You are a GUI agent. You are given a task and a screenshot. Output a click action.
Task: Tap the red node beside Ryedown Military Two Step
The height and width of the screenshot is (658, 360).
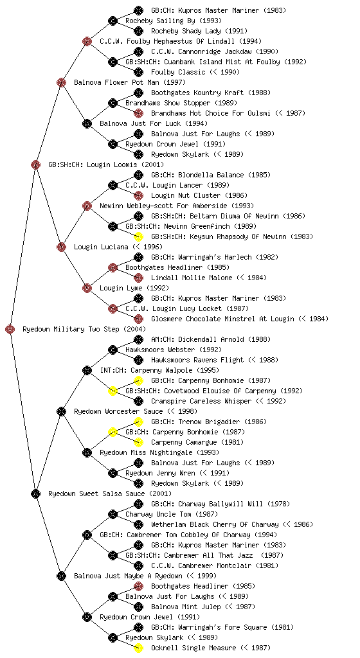coord(10,330)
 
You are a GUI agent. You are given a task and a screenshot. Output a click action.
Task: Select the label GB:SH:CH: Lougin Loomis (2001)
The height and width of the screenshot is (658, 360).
coord(106,164)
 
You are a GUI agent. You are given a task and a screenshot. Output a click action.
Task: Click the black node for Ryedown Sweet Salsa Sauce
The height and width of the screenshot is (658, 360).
coord(35,494)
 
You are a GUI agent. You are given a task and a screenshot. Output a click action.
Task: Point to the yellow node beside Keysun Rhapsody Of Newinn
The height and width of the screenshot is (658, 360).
coord(138,236)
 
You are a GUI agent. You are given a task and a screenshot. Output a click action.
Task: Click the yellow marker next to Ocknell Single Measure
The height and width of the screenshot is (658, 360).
coord(138,648)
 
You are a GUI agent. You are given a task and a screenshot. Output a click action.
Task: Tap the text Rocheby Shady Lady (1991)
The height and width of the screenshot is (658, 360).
coord(199,31)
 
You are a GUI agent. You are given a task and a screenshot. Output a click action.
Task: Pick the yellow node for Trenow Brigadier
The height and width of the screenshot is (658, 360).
coord(138,422)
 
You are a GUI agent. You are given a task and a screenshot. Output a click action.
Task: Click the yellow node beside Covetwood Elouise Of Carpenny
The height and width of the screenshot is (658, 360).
coord(113,391)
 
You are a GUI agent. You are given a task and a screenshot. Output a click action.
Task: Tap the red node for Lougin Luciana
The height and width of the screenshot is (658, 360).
coord(61,247)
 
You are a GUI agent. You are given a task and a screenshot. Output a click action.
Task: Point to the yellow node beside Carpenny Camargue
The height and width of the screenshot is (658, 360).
coord(138,442)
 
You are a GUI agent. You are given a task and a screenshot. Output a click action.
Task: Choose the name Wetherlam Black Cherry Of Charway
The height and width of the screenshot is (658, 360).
coord(215,524)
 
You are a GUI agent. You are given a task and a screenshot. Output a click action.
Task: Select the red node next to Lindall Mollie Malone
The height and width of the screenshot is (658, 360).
coord(138,278)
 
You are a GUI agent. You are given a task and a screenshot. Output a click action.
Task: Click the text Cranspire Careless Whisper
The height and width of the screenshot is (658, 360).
coord(201,401)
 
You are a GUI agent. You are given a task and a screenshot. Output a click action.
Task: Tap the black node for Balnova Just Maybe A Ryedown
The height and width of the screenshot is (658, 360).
coord(61,576)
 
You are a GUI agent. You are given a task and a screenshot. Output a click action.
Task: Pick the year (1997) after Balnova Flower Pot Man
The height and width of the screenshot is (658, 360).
coord(175,82)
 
